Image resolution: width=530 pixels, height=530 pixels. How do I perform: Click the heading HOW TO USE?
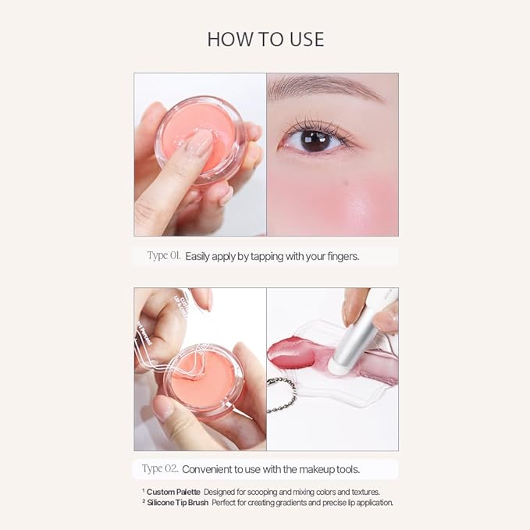pyautogui.click(x=265, y=39)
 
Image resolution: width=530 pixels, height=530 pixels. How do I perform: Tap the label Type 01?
pyautogui.click(x=164, y=255)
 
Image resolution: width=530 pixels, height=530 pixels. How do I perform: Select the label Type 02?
pyautogui.click(x=160, y=468)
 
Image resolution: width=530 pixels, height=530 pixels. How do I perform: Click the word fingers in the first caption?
pyautogui.click(x=340, y=256)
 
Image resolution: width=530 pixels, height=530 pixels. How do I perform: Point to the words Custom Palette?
pyautogui.click(x=173, y=492)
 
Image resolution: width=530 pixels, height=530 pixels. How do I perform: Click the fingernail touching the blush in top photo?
pyautogui.click(x=201, y=141)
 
